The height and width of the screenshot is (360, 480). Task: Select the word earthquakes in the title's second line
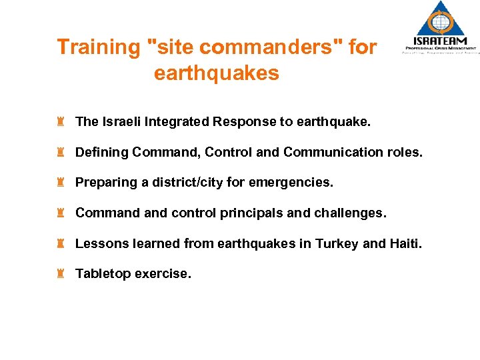(216, 73)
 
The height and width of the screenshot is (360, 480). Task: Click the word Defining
(101, 152)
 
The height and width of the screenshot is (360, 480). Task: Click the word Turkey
(338, 243)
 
